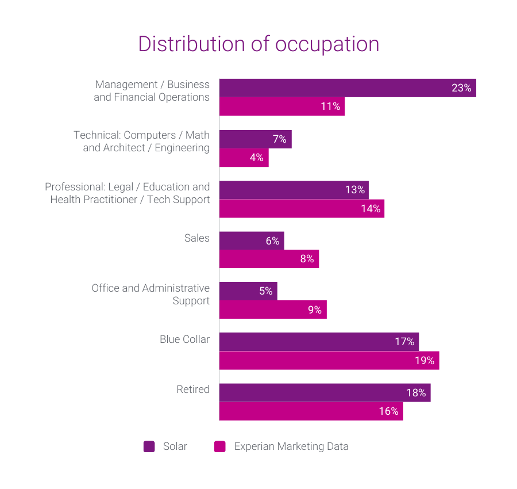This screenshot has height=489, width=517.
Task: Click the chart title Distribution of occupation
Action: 258,44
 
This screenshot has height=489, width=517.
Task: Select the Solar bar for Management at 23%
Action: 347,88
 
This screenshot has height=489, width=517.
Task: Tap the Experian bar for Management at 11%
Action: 281,106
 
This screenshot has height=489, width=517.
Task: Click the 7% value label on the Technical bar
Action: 279,139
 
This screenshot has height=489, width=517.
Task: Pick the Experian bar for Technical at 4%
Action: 244,158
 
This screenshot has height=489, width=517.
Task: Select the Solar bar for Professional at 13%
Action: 294,190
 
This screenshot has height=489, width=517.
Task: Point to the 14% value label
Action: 371,208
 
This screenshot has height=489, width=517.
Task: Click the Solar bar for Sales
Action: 252,241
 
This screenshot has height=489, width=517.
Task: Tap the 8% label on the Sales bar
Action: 307,259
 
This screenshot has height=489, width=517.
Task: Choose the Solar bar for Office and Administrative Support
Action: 248,291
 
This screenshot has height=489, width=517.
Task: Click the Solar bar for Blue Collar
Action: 319,342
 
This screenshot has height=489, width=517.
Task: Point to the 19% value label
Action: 426,361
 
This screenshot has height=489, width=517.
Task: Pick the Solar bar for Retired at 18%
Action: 325,393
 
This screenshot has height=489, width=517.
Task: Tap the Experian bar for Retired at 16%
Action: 311,411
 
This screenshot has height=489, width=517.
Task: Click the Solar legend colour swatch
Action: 149,446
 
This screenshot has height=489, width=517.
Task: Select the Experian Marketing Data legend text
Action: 291,446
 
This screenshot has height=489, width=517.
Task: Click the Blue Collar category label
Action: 184,339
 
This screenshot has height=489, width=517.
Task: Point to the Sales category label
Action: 197,238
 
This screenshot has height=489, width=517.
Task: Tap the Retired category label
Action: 193,389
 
